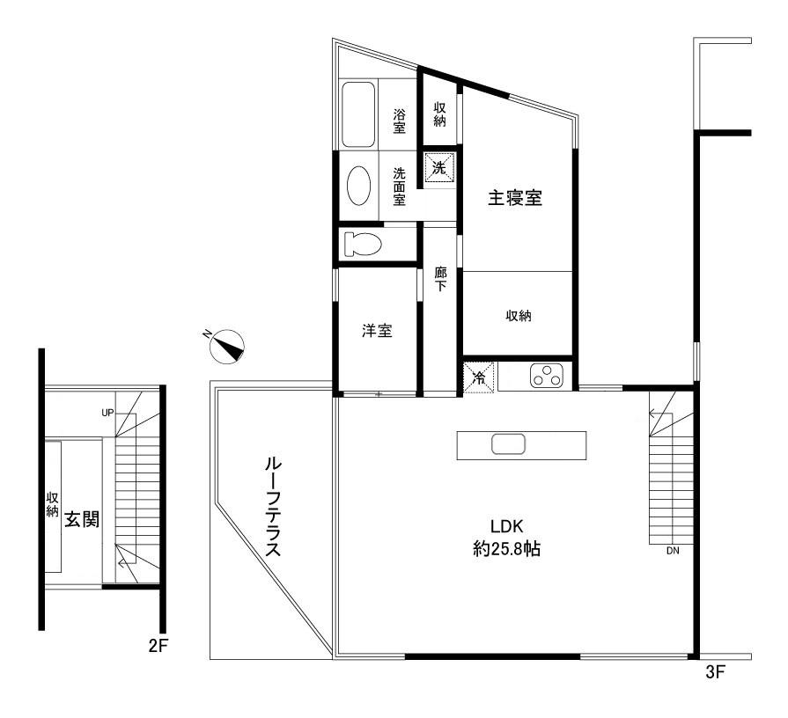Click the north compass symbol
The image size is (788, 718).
[x=226, y=346]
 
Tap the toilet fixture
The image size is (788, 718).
[x=363, y=245]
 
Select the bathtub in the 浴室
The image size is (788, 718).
[x=358, y=114]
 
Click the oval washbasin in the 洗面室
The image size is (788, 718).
[x=359, y=186]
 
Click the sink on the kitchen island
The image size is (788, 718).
[x=509, y=445]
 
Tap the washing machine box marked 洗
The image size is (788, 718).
[x=439, y=168]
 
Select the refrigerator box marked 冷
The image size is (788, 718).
[x=478, y=377]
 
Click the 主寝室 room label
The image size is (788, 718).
[x=515, y=198]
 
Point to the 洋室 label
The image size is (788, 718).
[x=377, y=331]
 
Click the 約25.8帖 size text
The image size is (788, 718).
[x=506, y=549]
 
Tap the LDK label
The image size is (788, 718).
[x=507, y=527]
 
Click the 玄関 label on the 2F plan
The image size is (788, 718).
[x=82, y=520]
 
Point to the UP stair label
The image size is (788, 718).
[x=107, y=413]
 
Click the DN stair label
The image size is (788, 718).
[x=673, y=551]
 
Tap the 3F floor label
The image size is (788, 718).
[x=716, y=672]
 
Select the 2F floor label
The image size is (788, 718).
[x=158, y=646]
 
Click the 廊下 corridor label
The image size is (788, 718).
[x=441, y=279]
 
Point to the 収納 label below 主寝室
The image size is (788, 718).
[x=519, y=316]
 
